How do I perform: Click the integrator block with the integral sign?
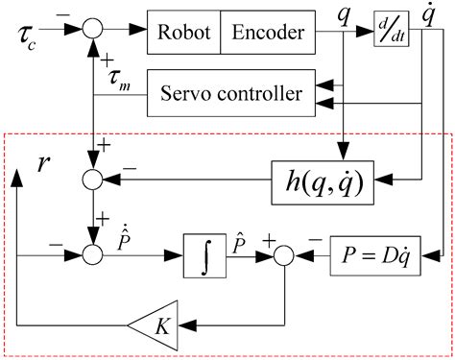click(208, 256)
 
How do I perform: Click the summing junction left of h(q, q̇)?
click(92, 178)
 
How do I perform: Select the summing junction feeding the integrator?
click(92, 255)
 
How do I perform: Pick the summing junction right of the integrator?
click(285, 256)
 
